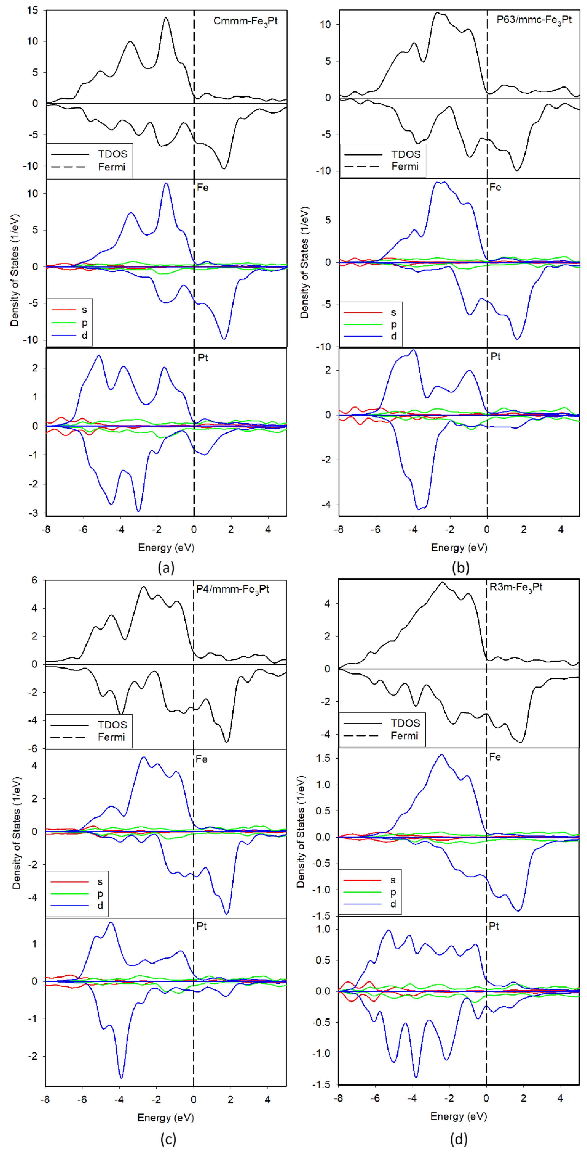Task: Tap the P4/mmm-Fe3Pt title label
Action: click(232, 589)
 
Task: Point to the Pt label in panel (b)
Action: click(495, 356)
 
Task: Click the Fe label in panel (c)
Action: click(201, 759)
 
